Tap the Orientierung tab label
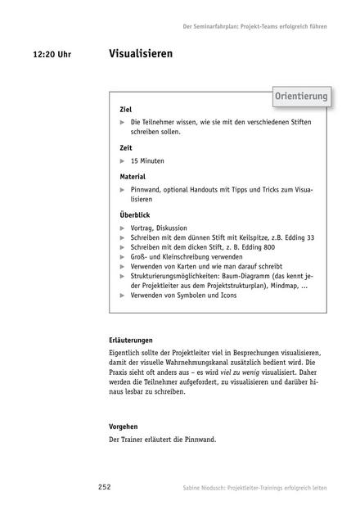coord(300,97)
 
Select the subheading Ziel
coord(125,110)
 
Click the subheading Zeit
coord(125,149)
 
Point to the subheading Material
coord(133,176)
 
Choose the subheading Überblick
coord(135,215)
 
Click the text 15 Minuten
coord(151,162)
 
